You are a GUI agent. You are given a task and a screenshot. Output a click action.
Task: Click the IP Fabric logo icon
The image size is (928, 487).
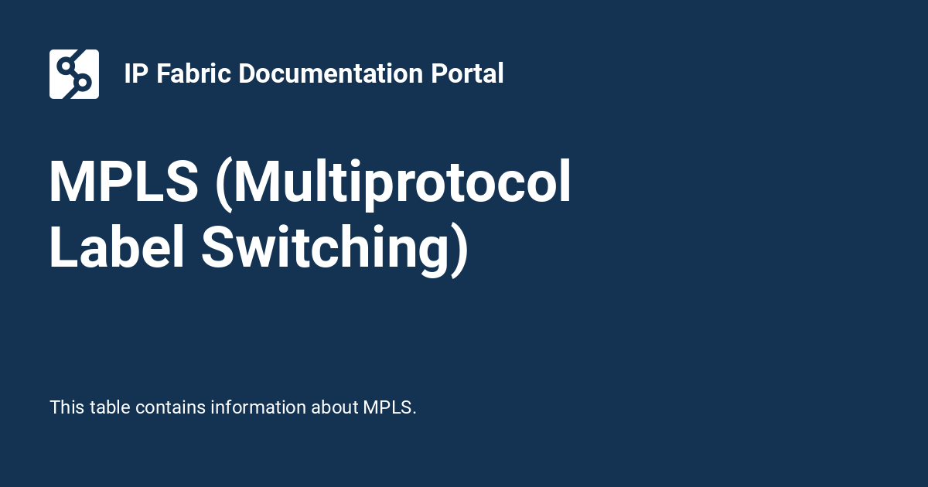74,74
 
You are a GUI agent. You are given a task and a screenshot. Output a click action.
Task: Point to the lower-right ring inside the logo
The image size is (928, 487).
84,82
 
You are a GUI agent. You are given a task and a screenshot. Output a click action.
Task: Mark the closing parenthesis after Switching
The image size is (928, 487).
459,249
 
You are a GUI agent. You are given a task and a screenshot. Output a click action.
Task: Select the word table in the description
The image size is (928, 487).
110,407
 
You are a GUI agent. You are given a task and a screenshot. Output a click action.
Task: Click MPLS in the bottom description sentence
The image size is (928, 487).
387,407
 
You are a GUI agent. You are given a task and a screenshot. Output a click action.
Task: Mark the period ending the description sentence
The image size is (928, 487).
415,413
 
